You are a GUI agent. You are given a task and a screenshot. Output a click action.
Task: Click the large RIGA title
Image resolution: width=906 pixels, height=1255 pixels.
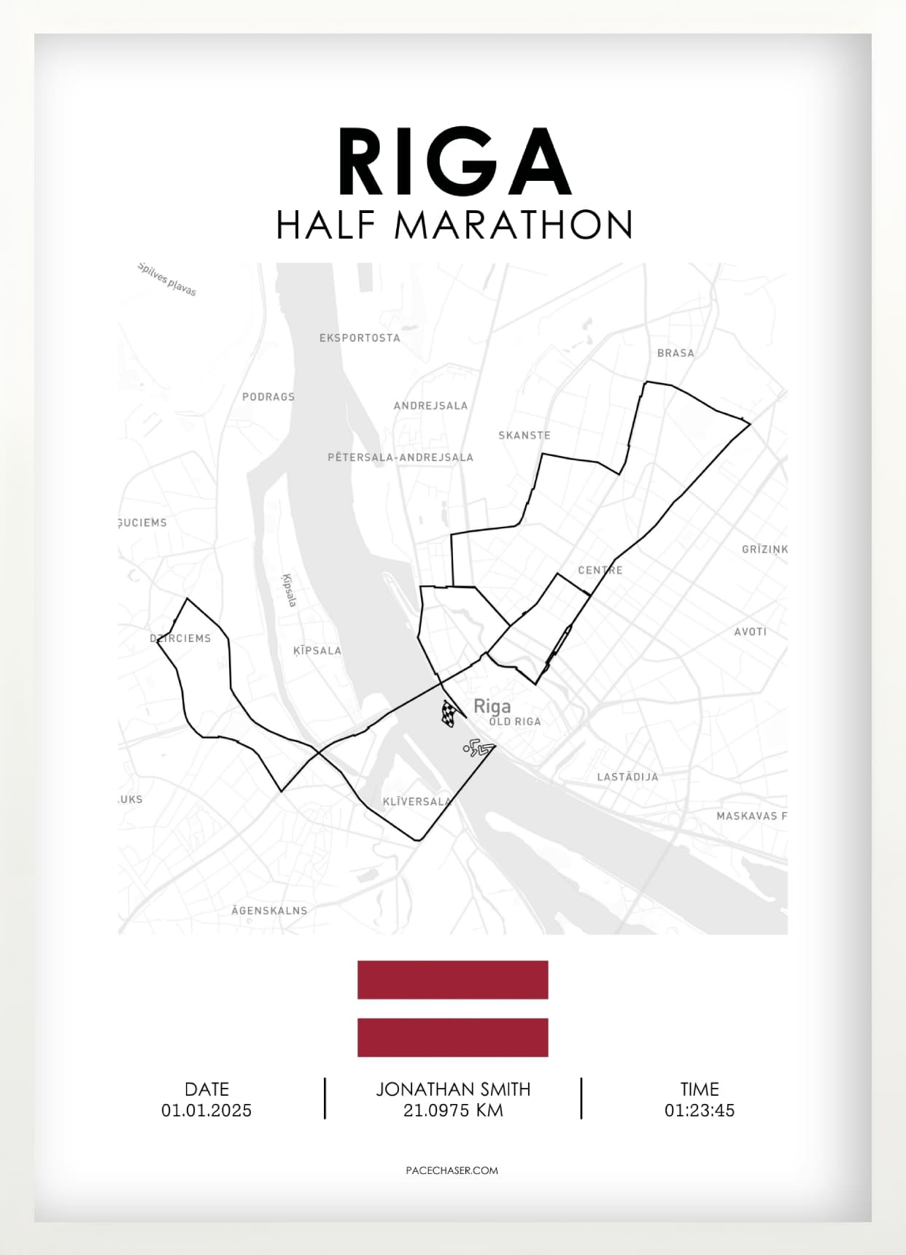(453, 162)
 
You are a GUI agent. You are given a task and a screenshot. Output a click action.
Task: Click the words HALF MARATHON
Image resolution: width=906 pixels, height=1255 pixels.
(454, 225)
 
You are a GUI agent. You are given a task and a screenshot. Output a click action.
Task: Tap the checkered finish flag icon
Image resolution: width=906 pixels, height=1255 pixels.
(449, 713)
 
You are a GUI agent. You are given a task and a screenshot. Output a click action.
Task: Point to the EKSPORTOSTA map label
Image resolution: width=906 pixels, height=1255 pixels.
(360, 338)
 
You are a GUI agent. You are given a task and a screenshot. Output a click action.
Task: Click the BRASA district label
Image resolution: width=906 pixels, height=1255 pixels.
(675, 353)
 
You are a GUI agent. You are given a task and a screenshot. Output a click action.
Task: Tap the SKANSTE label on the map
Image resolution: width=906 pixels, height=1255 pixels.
(524, 435)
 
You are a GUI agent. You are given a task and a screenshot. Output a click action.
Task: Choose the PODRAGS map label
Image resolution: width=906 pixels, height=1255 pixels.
(268, 397)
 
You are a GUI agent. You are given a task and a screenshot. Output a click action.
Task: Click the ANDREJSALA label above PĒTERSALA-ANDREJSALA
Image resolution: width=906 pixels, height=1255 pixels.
(430, 406)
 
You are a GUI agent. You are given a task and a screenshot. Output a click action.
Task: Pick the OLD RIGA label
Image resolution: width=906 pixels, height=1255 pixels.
(515, 722)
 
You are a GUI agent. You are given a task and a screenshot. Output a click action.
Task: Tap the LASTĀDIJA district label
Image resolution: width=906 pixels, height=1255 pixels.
(627, 777)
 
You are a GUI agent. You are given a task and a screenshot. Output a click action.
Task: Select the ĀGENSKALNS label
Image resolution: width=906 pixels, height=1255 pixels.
(269, 911)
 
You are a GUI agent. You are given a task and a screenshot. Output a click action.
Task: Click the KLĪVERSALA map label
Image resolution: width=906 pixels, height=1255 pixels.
(417, 801)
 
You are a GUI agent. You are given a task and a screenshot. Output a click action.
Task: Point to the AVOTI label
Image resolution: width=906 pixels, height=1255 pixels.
(750, 632)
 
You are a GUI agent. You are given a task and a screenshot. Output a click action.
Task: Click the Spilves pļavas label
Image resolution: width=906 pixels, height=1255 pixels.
(167, 279)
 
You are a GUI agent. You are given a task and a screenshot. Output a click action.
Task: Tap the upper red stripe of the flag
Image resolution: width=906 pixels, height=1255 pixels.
(452, 979)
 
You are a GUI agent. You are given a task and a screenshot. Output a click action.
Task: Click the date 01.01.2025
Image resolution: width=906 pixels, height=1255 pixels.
(206, 1111)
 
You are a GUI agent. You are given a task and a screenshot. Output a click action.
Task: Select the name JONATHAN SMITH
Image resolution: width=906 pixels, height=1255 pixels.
(453, 1089)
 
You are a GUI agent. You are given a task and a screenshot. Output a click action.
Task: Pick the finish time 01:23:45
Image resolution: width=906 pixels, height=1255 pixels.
(699, 1111)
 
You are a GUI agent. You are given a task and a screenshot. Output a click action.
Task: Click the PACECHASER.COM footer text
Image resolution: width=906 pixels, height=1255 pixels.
(452, 1170)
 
